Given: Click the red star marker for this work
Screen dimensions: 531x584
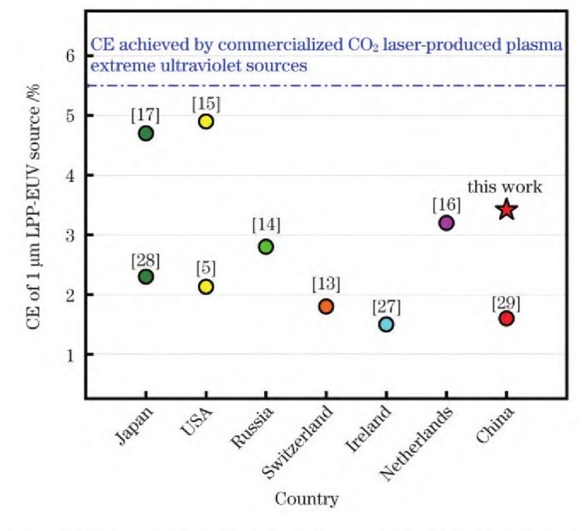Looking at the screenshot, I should pos(506,209).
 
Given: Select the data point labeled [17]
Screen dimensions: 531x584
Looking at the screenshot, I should pos(146,133).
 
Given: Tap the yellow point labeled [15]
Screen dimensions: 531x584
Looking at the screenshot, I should pos(206,121).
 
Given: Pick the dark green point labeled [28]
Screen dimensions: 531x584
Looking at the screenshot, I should pos(146,276).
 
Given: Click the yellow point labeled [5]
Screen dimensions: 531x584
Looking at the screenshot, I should pos(206,287).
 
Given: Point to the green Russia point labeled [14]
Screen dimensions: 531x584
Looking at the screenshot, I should pos(266,247).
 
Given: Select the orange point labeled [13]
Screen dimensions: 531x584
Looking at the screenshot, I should pos(326,307).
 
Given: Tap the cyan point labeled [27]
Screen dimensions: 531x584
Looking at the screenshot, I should pos(386,324).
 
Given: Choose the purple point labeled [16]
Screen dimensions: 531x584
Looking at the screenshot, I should pos(446,223).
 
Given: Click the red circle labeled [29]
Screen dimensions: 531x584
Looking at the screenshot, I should pos(506,318).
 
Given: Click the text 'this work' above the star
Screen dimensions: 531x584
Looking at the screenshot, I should pos(504,188).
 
